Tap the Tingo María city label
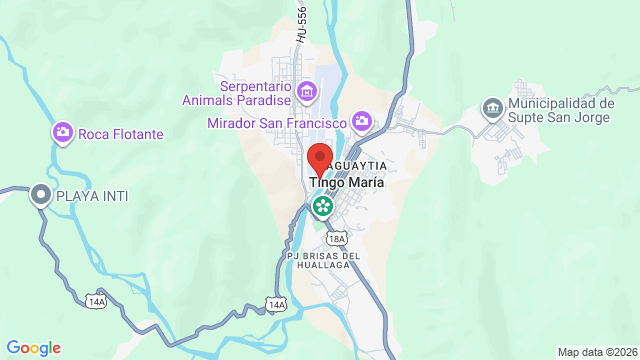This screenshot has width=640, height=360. coord(347,184)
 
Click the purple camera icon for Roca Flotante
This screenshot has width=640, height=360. coord(63,132)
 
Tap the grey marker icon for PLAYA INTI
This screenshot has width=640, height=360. coord(41,195)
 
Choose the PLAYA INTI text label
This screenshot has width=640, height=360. coord(93,195)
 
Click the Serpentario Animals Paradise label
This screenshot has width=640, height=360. coord(237,93)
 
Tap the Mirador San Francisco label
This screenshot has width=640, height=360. coord(277,123)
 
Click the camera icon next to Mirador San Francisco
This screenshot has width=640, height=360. coord(362,122)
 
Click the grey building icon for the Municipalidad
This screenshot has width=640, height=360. coord(492,107)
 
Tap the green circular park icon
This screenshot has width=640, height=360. coord(324,207)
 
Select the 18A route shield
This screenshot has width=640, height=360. coord(339,238)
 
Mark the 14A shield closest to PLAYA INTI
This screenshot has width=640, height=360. coord(96,298)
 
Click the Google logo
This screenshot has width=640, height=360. coord(33,348)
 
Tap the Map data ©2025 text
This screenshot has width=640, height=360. coord(596,352)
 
